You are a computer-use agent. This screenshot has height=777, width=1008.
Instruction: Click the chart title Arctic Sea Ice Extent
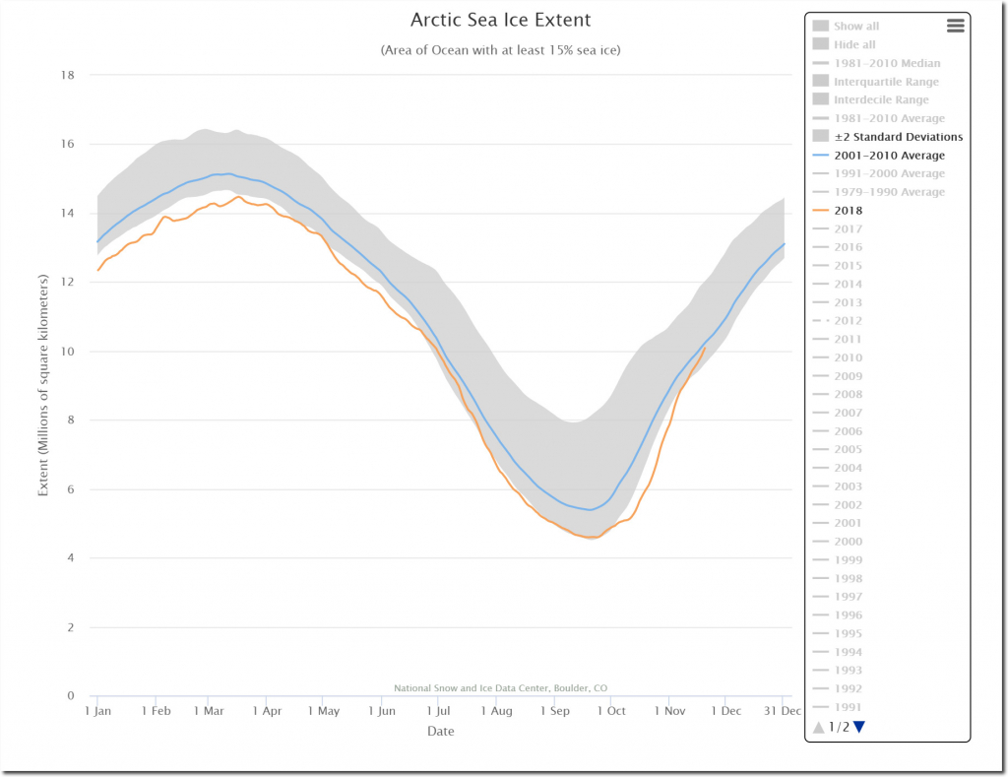pyautogui.click(x=500, y=20)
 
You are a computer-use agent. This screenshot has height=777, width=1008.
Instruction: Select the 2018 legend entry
pyautogui.click(x=848, y=211)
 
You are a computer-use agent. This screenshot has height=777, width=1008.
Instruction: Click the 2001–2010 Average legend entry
pyautogui.click(x=889, y=156)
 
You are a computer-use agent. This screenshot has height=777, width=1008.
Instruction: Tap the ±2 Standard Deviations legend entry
pyautogui.click(x=898, y=137)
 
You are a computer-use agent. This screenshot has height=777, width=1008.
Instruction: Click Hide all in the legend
pyautogui.click(x=854, y=44)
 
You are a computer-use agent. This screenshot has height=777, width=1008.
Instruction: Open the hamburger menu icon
pyautogui.click(x=955, y=27)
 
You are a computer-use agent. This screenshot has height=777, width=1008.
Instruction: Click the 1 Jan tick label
pyautogui.click(x=98, y=711)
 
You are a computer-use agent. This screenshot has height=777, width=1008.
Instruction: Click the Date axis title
pyautogui.click(x=441, y=732)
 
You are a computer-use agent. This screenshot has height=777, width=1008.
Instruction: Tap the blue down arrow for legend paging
pyautogui.click(x=859, y=728)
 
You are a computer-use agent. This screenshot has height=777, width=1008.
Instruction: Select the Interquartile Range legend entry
pyautogui.click(x=886, y=82)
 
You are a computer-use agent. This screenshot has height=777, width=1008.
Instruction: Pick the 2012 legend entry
pyautogui.click(x=848, y=321)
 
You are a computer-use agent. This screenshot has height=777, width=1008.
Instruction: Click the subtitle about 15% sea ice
pyautogui.click(x=500, y=50)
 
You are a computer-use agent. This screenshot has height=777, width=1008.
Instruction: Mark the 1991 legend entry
pyautogui.click(x=848, y=707)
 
